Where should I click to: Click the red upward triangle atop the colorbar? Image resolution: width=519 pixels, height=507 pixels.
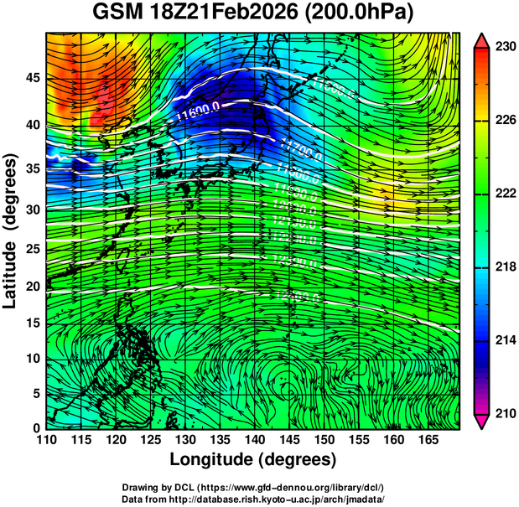click(482, 41)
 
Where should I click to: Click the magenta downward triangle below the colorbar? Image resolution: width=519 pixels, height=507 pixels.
click(482, 421)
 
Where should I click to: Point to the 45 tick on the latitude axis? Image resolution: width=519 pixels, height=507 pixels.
click(30, 77)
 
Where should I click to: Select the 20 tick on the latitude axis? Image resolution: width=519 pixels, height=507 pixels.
click(30, 287)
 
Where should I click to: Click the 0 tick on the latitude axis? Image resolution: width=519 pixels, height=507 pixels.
click(34, 427)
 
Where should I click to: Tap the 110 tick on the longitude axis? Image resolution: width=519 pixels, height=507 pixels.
click(46, 439)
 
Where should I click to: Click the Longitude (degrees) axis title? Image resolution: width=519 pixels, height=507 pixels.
click(253, 459)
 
